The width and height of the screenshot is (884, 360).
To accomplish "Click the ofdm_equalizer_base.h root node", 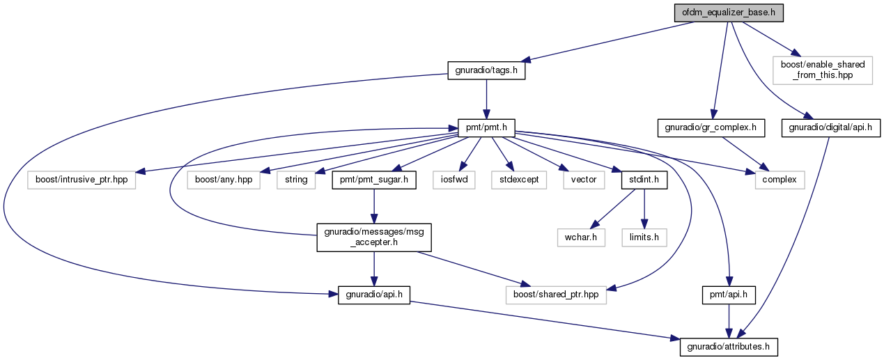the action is (729, 13).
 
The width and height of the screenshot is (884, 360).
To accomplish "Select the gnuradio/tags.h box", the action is (486, 70).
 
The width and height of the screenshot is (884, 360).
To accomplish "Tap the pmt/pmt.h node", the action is (486, 128).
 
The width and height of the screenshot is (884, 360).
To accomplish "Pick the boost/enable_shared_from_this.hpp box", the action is (823, 70).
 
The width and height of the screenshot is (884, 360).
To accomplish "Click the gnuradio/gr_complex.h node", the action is (711, 128).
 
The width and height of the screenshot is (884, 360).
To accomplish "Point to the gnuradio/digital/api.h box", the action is (831, 128).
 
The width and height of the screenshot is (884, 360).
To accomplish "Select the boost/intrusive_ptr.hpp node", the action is (82, 180).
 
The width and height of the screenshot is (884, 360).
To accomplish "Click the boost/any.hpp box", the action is (224, 180).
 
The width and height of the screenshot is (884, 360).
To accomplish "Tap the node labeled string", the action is (296, 180).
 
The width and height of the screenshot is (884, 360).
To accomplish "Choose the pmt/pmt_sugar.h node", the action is (373, 180).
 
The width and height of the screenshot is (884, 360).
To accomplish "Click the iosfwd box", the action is (453, 180).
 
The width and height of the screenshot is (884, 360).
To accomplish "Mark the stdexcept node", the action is (519, 180).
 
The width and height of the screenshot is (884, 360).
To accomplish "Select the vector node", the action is (584, 180).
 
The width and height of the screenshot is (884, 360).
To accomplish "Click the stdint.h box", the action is (644, 180).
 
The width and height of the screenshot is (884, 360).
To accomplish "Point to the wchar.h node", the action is (581, 237).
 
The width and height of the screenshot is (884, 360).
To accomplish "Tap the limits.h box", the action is (644, 237).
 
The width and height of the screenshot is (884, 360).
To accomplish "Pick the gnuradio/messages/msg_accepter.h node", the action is (373, 237).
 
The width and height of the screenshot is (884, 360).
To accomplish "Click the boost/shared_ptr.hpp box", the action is (556, 295).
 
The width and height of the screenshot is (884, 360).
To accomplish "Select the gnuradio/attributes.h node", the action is (729, 347).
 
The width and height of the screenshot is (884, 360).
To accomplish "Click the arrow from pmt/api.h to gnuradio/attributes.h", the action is (729, 321).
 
